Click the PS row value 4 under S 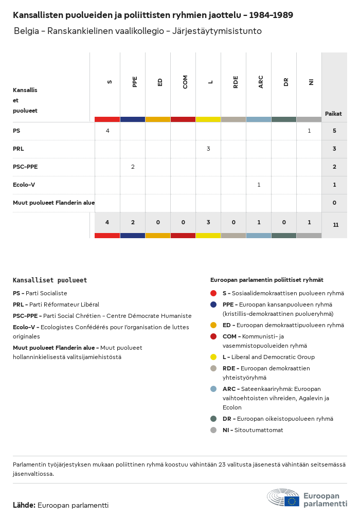pyautogui.click(x=107, y=131)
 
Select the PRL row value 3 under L pyautogui.click(x=208, y=149)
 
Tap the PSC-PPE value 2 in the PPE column pyautogui.click(x=133, y=167)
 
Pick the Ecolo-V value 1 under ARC pyautogui.click(x=259, y=185)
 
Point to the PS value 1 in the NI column pyautogui.click(x=309, y=131)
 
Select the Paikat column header pyautogui.click(x=333, y=114)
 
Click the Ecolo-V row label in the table pyautogui.click(x=24, y=185)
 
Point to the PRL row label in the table pyautogui.click(x=19, y=149)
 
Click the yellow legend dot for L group pyautogui.click(x=213, y=357)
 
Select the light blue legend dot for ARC pyautogui.click(x=213, y=389)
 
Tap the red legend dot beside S pyautogui.click(x=213, y=293)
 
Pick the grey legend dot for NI pyautogui.click(x=213, y=430)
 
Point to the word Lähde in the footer pyautogui.click(x=24, y=505)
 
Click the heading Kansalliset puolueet pyautogui.click(x=50, y=280)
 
